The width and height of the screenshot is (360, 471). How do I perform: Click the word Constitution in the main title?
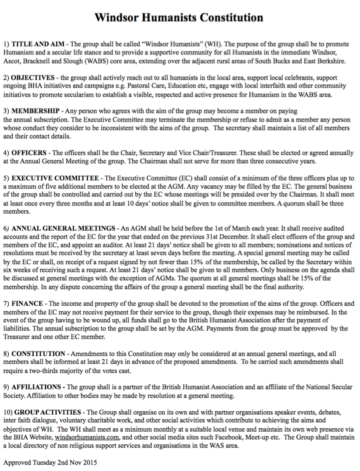(232, 18)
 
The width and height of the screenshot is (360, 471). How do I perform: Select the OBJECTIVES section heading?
(33, 78)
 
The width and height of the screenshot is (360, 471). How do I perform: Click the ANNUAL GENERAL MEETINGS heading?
(63, 228)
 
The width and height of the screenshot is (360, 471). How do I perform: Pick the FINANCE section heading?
(27, 303)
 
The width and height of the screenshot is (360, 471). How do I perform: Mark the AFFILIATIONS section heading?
(38, 387)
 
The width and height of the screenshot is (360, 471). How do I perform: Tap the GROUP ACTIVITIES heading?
(48, 412)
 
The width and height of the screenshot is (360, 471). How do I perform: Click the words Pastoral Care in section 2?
(125, 86)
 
